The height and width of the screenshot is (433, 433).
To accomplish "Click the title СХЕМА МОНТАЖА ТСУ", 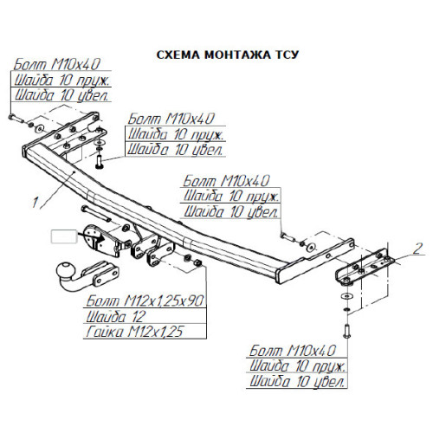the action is (x=227, y=55).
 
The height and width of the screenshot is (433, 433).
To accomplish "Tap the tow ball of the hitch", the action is (x=66, y=271).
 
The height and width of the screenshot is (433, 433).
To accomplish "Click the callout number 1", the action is (x=35, y=202).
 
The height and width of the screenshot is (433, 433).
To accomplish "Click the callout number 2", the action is (x=417, y=249).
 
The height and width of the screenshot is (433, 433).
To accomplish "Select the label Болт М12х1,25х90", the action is (x=145, y=301).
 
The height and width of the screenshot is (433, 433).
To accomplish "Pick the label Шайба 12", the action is (x=115, y=316).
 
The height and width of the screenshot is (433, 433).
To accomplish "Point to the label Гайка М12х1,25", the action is (x=134, y=332).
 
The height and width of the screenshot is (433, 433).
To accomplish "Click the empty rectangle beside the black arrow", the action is (x=64, y=236).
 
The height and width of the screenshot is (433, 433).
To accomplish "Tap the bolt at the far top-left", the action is (x=16, y=119).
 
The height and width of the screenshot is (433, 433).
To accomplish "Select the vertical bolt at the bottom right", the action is (x=346, y=331).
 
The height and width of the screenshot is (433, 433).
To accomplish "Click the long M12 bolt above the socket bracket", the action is (x=96, y=214).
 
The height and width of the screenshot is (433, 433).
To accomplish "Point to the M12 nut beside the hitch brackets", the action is (x=197, y=262).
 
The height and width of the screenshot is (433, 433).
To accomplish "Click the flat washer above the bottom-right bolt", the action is (x=346, y=296).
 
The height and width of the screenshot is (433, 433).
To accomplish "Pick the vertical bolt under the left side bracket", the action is (x=99, y=162).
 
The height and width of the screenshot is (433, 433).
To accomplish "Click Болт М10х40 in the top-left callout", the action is (x=57, y=64).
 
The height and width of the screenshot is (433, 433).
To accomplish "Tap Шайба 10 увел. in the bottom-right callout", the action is (x=297, y=382).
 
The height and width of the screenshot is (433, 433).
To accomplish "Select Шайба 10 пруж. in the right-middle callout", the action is (x=231, y=197).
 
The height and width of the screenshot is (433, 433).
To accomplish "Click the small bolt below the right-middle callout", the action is (x=288, y=237).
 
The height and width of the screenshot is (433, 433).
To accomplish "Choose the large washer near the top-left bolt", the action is (x=40, y=128).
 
